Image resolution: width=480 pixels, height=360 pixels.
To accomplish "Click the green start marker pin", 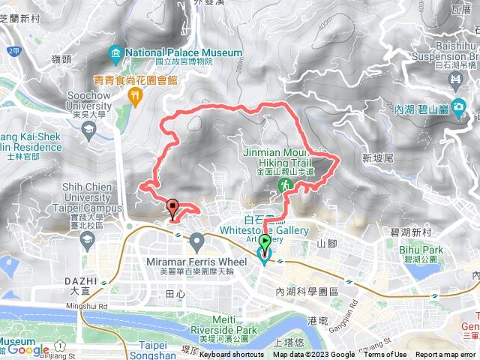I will click(x=265, y=244).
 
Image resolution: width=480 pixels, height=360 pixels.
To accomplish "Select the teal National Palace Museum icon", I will click(x=115, y=53).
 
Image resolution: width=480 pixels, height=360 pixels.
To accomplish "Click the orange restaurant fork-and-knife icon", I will click(x=135, y=94).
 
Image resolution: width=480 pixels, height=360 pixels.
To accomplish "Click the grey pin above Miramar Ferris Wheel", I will click(x=196, y=241).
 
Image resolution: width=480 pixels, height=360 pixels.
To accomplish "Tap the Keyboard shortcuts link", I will click(x=231, y=355).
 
